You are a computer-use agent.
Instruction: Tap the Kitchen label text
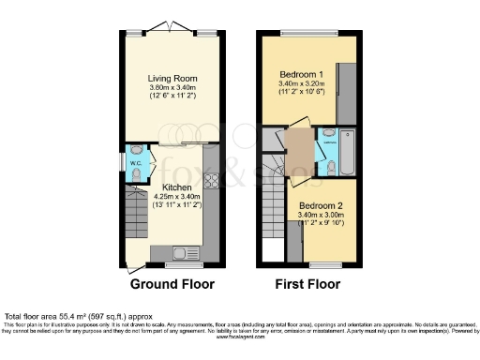point(177,187)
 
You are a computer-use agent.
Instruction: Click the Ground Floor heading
point(172,284)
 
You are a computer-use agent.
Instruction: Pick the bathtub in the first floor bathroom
point(346,154)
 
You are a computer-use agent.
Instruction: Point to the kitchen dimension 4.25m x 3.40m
point(177,197)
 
